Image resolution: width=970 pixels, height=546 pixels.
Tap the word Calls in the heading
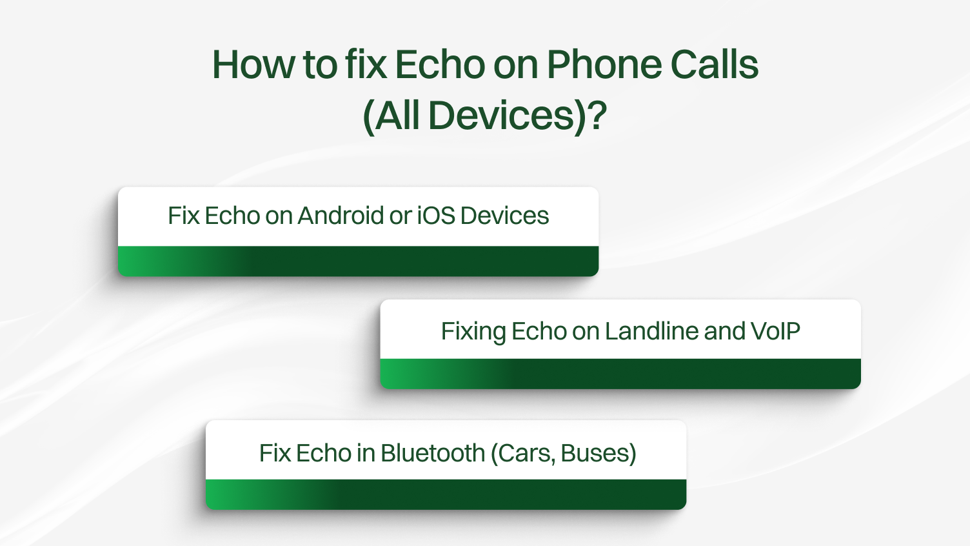point(714,65)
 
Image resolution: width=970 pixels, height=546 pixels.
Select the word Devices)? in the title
point(517,116)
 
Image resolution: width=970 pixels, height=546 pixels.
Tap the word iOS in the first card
point(437,216)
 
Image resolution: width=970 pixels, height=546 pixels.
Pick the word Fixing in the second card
point(473,332)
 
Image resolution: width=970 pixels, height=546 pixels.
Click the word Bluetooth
point(432,453)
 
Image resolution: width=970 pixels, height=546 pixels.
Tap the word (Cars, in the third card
point(522,453)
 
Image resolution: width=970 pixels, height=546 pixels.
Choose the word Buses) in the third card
point(599,453)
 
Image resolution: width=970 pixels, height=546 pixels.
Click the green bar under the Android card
point(358,261)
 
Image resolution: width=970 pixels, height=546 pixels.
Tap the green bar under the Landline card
point(620,374)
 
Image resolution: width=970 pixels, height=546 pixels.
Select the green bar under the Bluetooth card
point(446,494)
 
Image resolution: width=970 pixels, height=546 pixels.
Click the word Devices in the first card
point(504,216)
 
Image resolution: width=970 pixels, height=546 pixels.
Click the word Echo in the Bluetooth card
point(323,453)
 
